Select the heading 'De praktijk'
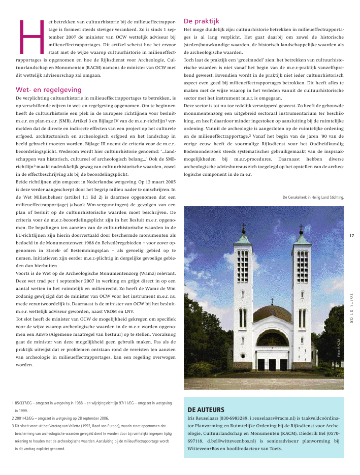[201, 21]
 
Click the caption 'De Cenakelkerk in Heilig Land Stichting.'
[313, 197]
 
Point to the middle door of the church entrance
[272, 364]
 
